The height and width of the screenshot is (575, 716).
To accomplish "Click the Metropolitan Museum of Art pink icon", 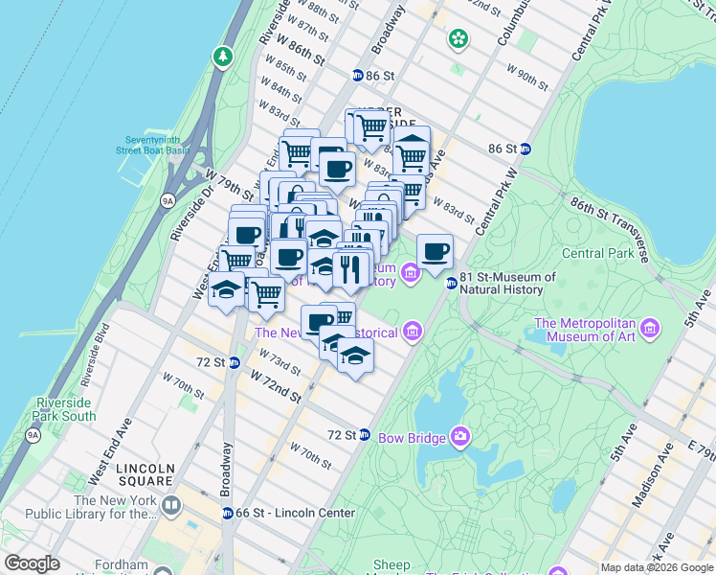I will (x=651, y=330).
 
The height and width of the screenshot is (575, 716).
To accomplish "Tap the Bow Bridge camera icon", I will (x=460, y=437).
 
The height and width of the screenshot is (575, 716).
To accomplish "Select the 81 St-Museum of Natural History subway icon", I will (x=451, y=283).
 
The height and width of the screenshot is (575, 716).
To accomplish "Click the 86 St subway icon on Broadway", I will (x=357, y=75).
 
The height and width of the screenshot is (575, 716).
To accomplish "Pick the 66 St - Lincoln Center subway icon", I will (x=227, y=513).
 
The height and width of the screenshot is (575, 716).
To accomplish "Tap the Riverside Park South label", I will (x=65, y=409).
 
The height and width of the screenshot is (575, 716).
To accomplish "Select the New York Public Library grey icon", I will (x=171, y=505).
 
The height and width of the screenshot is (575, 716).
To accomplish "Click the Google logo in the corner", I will (x=32, y=563).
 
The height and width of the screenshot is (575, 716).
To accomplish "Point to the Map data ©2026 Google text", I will (x=657, y=567).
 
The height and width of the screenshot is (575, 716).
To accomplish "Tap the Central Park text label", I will (x=595, y=254).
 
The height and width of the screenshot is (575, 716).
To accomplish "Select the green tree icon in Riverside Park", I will (x=223, y=57).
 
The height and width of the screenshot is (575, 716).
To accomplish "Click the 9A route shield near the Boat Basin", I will (x=168, y=201).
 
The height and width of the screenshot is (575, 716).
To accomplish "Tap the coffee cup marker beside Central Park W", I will (x=435, y=252).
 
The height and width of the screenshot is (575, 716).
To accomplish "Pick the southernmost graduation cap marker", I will (x=355, y=356).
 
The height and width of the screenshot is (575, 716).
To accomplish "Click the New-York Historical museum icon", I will (x=413, y=332).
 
